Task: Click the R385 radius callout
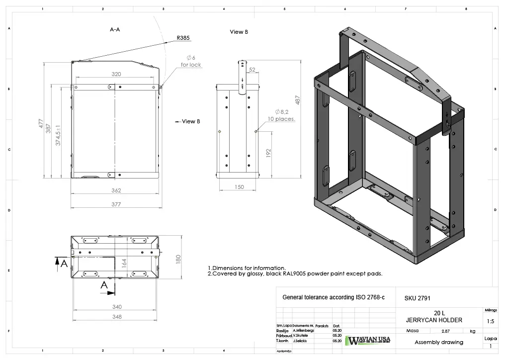tap(183, 38)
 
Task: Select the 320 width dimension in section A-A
tap(116, 74)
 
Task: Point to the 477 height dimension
tap(42, 124)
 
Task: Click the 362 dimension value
tap(116, 190)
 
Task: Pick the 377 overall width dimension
tap(116, 204)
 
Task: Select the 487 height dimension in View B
tap(297, 100)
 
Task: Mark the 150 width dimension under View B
tap(239, 187)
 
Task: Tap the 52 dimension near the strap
tap(252, 70)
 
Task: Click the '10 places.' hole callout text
tap(281, 119)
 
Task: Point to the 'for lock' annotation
tap(191, 65)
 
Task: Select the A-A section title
tap(115, 29)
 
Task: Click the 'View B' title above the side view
tap(239, 32)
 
